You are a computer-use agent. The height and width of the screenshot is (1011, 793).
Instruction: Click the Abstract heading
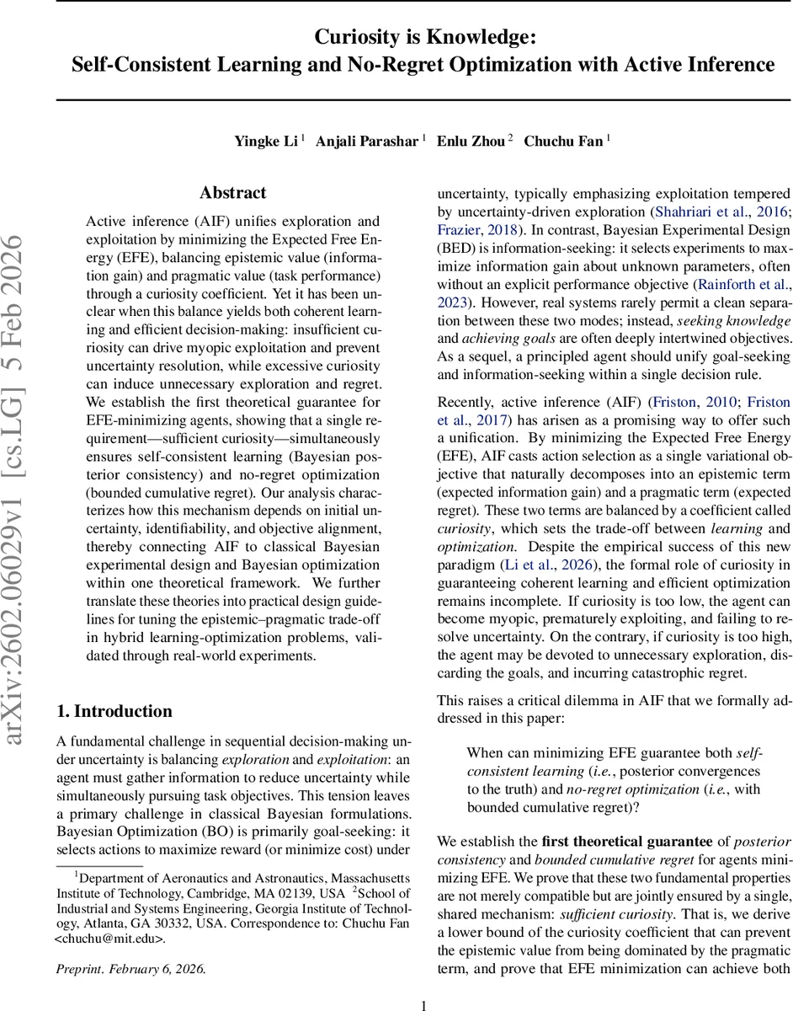pyautogui.click(x=233, y=193)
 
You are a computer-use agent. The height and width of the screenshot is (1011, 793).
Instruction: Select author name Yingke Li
pyautogui.click(x=265, y=141)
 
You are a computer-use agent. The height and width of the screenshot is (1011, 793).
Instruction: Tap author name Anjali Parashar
pyautogui.click(x=366, y=141)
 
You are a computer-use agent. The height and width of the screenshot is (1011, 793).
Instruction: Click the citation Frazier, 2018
pyautogui.click(x=476, y=229)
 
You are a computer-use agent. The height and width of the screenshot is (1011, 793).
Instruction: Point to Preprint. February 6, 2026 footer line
pyautogui.click(x=130, y=969)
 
